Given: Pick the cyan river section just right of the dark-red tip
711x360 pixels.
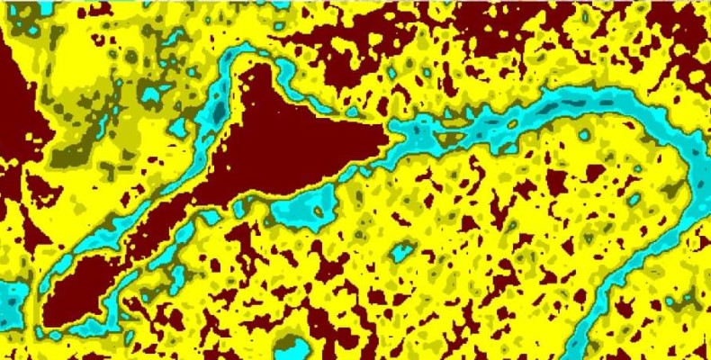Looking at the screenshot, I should tap(423, 135).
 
